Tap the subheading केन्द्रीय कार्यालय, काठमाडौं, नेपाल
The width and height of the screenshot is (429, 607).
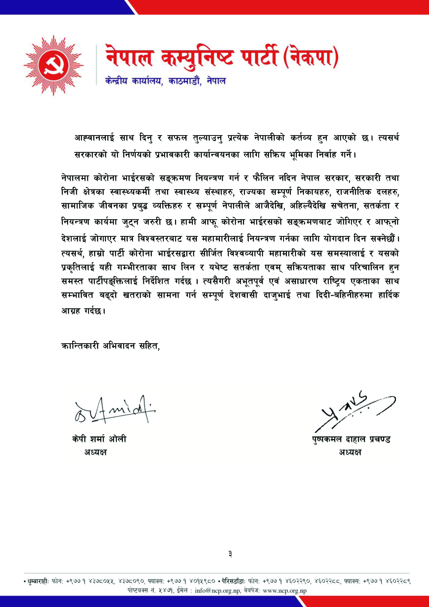point(165,81)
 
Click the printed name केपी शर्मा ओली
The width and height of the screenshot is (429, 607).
point(99,439)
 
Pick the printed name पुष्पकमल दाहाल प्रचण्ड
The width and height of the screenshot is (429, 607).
point(351,439)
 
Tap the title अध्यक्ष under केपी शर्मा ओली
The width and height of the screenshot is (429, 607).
point(95,452)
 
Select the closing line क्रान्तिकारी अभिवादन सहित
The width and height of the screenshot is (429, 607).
point(110,346)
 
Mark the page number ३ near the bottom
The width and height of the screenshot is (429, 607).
point(230,554)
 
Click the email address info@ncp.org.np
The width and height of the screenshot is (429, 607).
point(218,591)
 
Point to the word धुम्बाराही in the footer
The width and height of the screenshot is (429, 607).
point(37,582)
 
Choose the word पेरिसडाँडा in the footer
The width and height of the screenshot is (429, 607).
point(234,582)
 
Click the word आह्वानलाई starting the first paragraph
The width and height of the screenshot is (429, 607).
point(94,138)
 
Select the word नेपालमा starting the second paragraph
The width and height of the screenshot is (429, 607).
point(75,178)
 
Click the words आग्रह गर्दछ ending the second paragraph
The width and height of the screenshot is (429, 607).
point(83,311)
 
